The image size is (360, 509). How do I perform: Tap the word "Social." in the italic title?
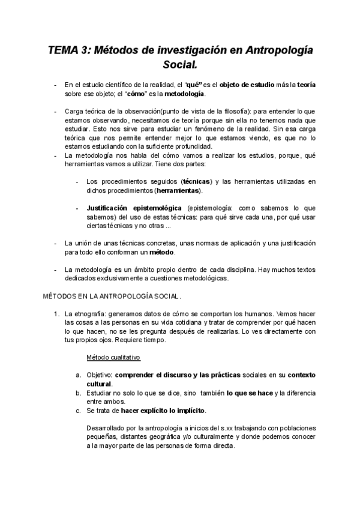pyautogui.click(x=180, y=64)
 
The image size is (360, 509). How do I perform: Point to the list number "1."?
pyautogui.click(x=57, y=314)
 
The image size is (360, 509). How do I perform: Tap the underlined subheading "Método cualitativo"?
pyautogui.click(x=113, y=357)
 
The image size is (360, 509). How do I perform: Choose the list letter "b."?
pyautogui.click(x=78, y=393)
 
